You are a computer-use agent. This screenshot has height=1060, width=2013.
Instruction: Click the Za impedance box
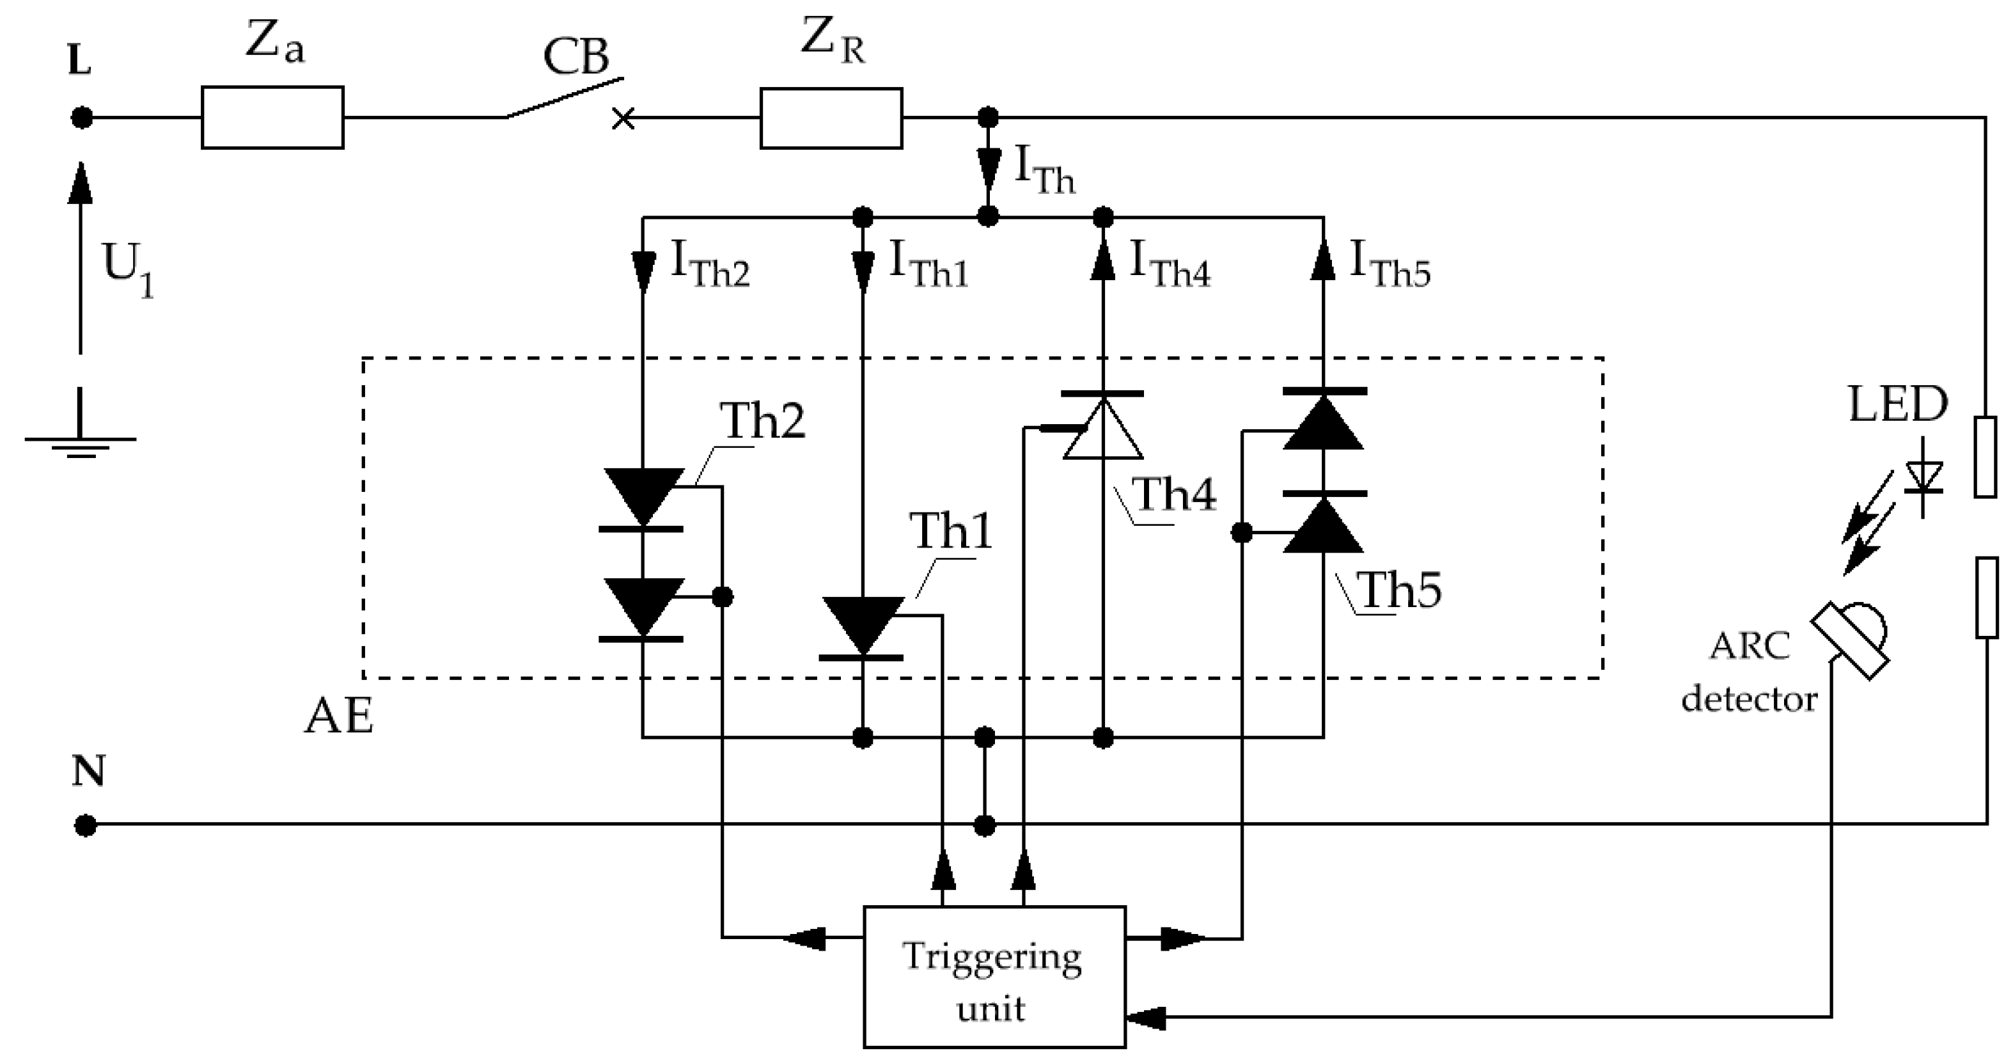pos(272,117)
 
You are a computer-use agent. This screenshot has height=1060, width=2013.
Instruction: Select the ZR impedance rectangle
pos(831,118)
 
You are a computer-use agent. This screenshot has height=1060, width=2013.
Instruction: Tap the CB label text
pos(576,57)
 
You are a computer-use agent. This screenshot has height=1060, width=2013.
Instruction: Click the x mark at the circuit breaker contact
pos(623,119)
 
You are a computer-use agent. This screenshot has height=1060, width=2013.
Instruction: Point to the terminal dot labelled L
pos(81,118)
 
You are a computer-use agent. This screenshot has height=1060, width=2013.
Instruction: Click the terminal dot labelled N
pos(85,825)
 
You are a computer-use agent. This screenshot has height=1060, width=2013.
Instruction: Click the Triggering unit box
pos(993,976)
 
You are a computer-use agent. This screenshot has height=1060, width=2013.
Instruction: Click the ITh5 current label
pos(1390,264)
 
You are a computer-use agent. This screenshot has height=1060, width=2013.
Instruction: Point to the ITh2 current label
pos(710,264)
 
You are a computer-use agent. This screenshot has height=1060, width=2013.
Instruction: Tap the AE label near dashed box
pos(338,716)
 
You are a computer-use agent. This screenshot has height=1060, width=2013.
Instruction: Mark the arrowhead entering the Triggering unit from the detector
pos(1145,1018)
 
